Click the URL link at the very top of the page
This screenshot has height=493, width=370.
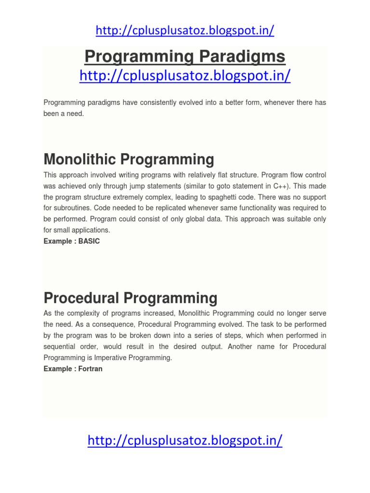(x=185, y=30)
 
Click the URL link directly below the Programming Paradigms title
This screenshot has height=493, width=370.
(x=185, y=76)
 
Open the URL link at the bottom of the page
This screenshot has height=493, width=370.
(x=185, y=440)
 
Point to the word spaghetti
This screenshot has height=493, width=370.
(x=221, y=197)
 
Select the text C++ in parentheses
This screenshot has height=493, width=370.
(x=281, y=185)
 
